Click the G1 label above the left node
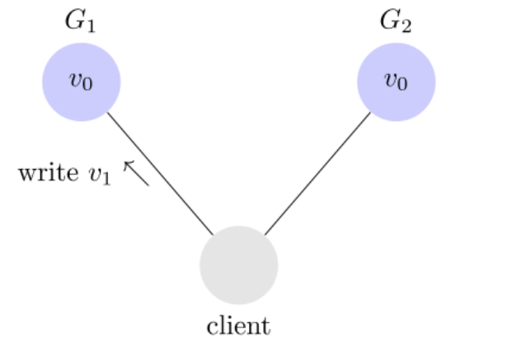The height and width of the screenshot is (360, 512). click(x=80, y=21)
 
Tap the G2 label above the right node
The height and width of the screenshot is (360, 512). click(x=396, y=21)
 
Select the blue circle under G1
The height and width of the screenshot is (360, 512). click(x=82, y=82)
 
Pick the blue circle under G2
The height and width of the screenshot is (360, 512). click(x=396, y=82)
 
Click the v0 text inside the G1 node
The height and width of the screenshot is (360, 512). click(x=81, y=81)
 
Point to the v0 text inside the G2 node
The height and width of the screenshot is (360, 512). click(x=396, y=81)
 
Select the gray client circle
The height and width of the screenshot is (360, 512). click(x=239, y=265)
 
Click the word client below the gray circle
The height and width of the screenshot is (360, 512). click(x=239, y=325)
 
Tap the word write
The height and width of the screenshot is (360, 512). click(x=49, y=172)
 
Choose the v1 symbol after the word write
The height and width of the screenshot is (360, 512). click(x=100, y=175)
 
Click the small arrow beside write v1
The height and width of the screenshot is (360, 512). click(x=136, y=173)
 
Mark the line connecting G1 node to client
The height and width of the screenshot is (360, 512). click(x=160, y=174)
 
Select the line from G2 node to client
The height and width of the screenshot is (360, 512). click(x=317, y=174)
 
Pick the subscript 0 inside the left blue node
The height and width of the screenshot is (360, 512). click(x=87, y=84)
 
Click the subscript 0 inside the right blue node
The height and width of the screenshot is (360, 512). click(x=402, y=84)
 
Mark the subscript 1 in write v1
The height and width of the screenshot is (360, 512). click(x=106, y=179)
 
